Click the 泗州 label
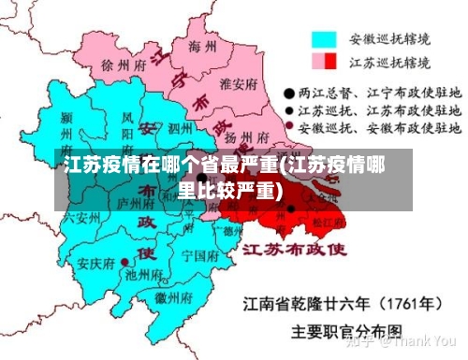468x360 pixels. (181, 127)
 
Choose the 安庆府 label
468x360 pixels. (96, 264)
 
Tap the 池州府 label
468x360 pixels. (142, 275)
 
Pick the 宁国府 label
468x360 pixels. (199, 254)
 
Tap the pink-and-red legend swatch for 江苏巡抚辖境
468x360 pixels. (324, 62)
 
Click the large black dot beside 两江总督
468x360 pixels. (291, 94)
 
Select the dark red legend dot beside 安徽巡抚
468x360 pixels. (290, 125)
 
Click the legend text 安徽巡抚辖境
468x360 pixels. (390, 40)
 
